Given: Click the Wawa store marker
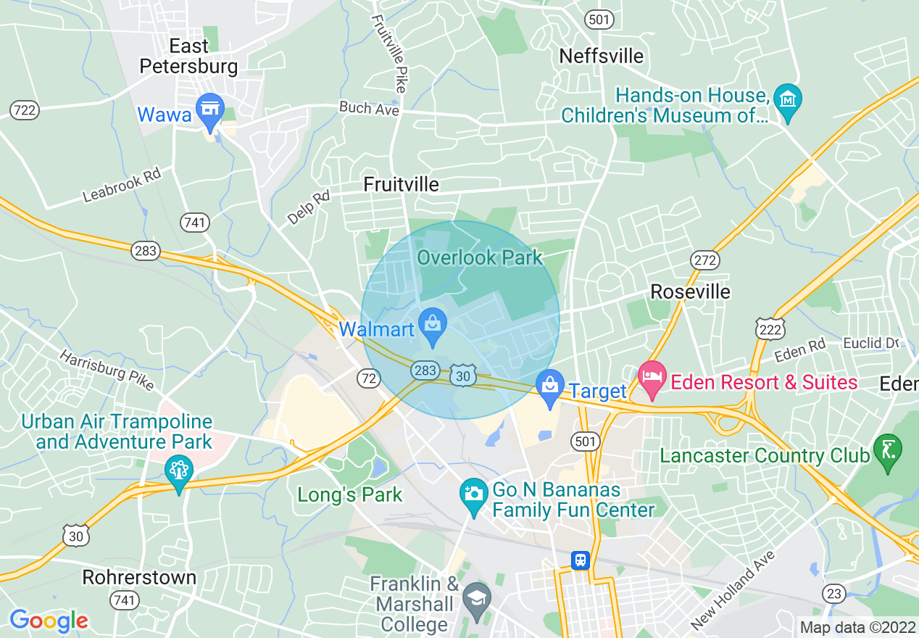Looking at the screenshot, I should [x=210, y=110].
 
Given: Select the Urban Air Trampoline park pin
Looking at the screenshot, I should [x=178, y=473].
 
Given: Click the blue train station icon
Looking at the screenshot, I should [x=580, y=560].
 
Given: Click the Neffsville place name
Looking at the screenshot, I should [x=602, y=56].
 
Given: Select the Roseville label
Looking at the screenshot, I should [x=690, y=291].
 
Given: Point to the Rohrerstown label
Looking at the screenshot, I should [x=139, y=577].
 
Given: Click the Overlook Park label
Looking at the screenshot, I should [x=479, y=257].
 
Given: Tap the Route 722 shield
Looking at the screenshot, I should [x=25, y=110].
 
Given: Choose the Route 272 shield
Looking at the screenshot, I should [x=704, y=260].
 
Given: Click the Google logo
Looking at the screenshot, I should [x=49, y=621].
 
